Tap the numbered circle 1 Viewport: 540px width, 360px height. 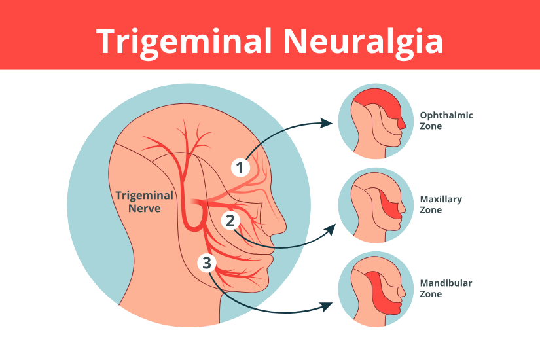pyautogui.click(x=240, y=168)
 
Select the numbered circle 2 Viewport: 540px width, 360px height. pyautogui.click(x=230, y=220)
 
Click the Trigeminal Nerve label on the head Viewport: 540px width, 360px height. pyautogui.click(x=144, y=202)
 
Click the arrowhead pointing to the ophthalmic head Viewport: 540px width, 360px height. pyautogui.click(x=327, y=122)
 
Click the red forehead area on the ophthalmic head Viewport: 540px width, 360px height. pyautogui.click(x=376, y=103)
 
